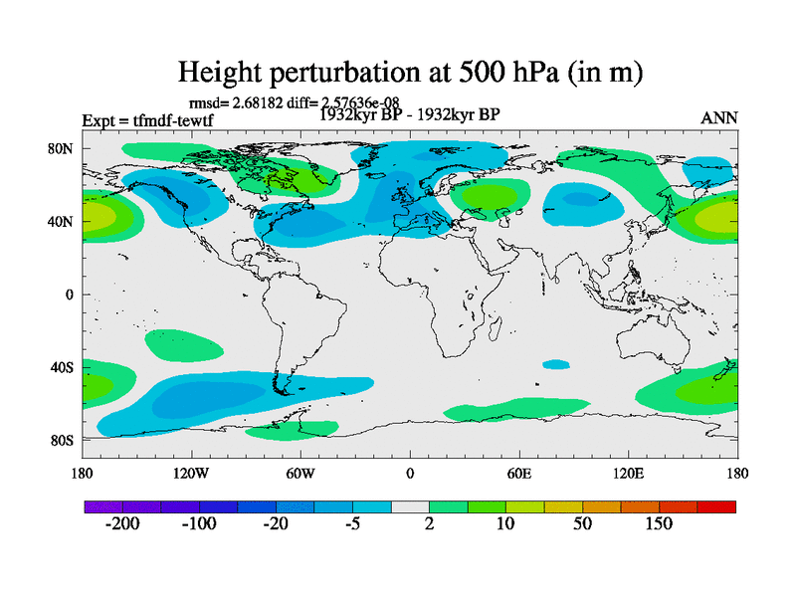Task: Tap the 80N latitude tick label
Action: point(62,148)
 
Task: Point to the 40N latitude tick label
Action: point(62,221)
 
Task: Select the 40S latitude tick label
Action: point(62,367)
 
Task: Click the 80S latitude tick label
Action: point(62,440)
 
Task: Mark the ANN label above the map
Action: point(719,117)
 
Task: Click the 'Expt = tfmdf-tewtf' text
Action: point(147,121)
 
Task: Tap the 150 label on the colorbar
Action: point(660,524)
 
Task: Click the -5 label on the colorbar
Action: point(352,524)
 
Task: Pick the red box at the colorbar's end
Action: point(716,506)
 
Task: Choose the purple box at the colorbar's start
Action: point(103,506)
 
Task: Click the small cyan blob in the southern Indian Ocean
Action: point(556,364)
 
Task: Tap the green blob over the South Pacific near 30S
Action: point(185,344)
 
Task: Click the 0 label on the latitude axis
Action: point(70,295)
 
